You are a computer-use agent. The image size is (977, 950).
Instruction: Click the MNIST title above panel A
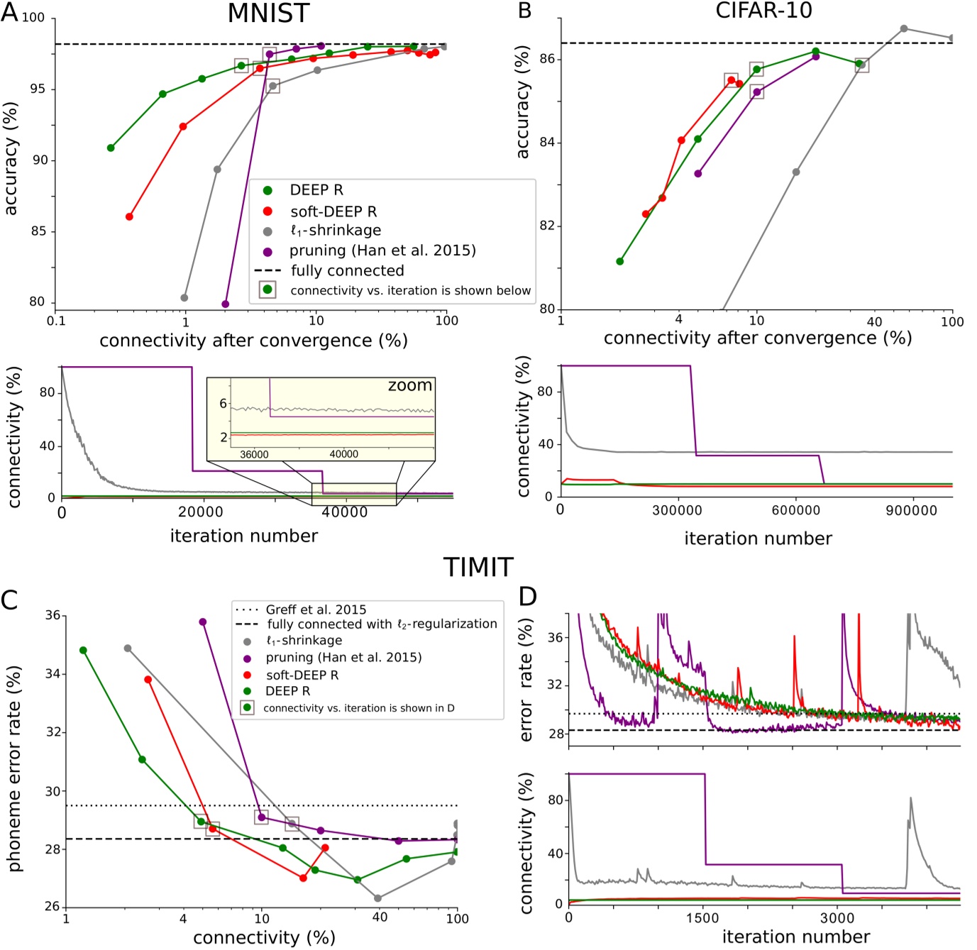[x=268, y=13]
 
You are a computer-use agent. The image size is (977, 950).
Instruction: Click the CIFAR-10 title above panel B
[x=763, y=11]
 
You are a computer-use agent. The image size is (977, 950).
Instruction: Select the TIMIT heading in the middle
[x=478, y=568]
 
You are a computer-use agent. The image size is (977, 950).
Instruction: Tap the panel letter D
[x=527, y=597]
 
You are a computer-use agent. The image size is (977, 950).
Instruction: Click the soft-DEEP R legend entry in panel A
[x=333, y=211]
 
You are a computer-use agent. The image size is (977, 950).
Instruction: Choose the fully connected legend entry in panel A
[x=347, y=270]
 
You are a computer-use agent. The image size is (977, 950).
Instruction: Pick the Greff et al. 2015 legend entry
[x=316, y=609]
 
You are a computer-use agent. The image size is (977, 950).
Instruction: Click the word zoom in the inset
[x=409, y=385]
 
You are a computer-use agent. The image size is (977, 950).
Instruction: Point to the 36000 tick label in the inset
[x=254, y=454]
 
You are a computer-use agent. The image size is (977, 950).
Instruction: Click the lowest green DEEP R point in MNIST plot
[x=111, y=148]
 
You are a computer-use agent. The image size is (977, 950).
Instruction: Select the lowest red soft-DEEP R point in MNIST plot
[x=129, y=216]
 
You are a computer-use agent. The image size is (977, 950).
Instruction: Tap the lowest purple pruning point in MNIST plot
[x=226, y=304]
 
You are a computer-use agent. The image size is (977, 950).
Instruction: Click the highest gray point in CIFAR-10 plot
[x=903, y=28]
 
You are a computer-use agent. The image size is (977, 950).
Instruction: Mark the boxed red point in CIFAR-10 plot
[x=731, y=80]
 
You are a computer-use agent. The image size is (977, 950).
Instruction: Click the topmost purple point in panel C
[x=203, y=622]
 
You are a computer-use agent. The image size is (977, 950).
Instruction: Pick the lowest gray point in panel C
[x=377, y=898]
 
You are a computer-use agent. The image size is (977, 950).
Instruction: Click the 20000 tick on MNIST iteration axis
[x=201, y=512]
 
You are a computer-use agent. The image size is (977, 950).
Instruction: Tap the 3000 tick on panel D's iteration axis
[x=837, y=918]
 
